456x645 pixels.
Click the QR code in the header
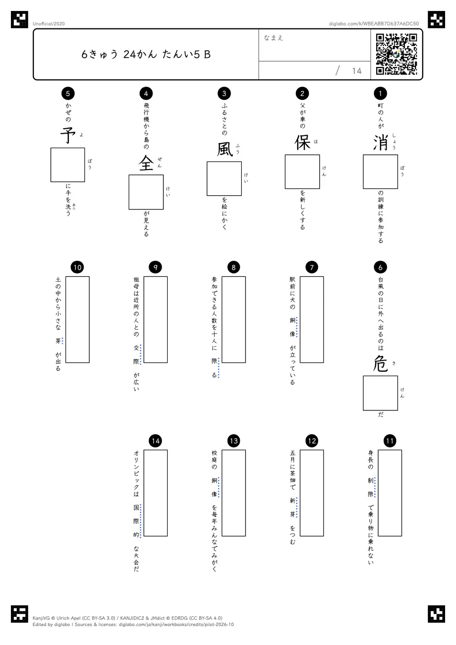point(397,54)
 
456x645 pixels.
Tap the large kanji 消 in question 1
point(380,143)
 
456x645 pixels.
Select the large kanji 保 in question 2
point(302,143)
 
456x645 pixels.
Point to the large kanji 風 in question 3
point(224,150)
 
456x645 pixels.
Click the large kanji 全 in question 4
point(146,163)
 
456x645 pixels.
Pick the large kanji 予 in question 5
point(68,136)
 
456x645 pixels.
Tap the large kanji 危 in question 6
point(380,364)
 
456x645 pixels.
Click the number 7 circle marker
point(312,267)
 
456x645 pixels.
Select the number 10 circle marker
point(77,267)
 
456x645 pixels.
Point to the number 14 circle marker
point(155,441)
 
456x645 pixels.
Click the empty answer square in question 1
point(380,172)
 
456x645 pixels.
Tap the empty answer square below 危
point(380,393)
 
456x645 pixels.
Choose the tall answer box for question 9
point(155,320)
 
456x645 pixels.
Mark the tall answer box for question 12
point(312,493)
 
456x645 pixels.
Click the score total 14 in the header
point(357,71)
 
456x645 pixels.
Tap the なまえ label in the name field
point(274,38)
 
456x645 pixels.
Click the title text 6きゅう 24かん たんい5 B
point(146,54)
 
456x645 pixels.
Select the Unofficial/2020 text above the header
point(48,24)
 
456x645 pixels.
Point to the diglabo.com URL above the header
point(374,24)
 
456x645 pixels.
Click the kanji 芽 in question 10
point(58,341)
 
